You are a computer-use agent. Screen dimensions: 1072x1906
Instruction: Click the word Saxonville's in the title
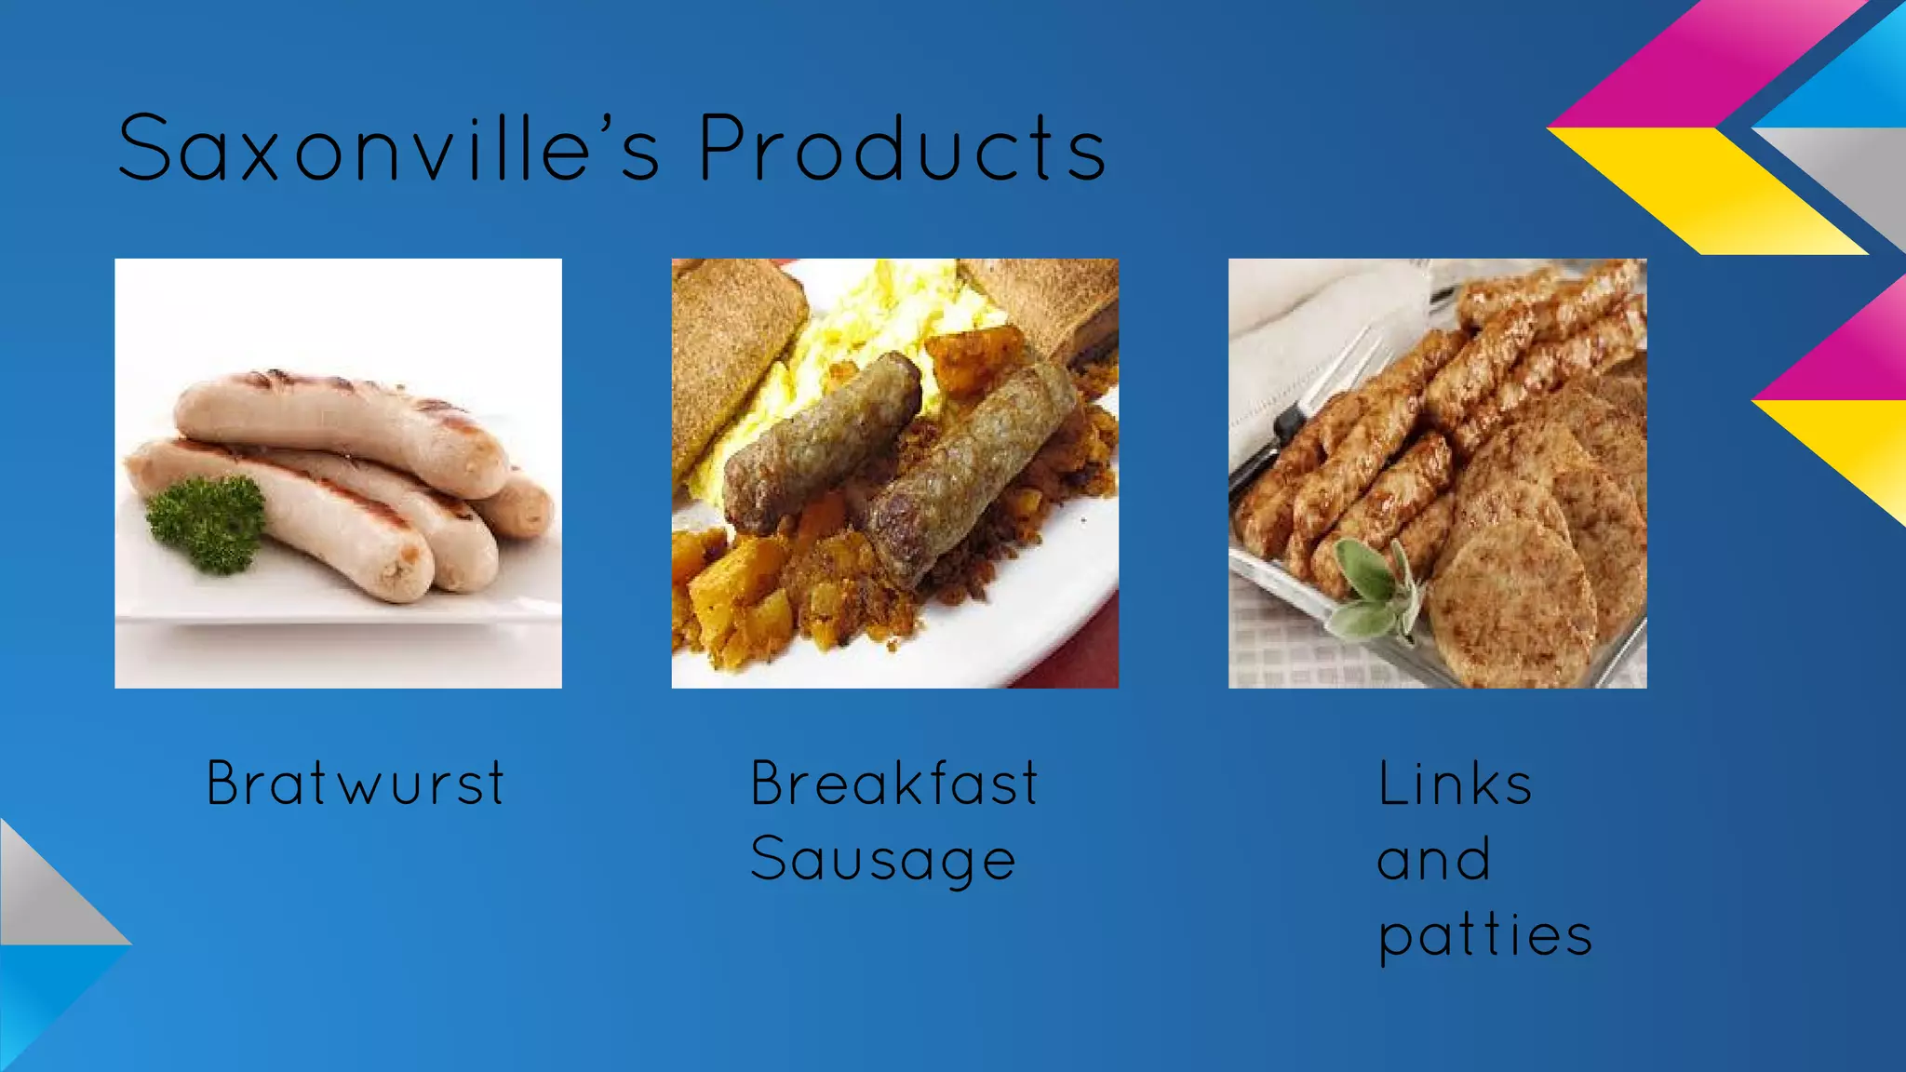click(389, 149)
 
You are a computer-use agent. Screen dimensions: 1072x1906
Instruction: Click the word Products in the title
click(902, 149)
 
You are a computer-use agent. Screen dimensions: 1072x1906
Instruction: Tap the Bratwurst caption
click(356, 784)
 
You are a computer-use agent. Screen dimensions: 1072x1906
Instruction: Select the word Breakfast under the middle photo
click(893, 784)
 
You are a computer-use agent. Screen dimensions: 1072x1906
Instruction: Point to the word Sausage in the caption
click(882, 860)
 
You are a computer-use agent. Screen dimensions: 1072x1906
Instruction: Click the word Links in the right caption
click(1454, 785)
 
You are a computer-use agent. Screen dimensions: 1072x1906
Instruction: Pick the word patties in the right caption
click(1484, 935)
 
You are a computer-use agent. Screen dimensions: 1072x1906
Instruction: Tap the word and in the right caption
click(1433, 860)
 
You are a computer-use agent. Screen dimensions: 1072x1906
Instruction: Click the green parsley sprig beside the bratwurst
click(207, 523)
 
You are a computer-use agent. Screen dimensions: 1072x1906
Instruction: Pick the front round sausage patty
click(1512, 605)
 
